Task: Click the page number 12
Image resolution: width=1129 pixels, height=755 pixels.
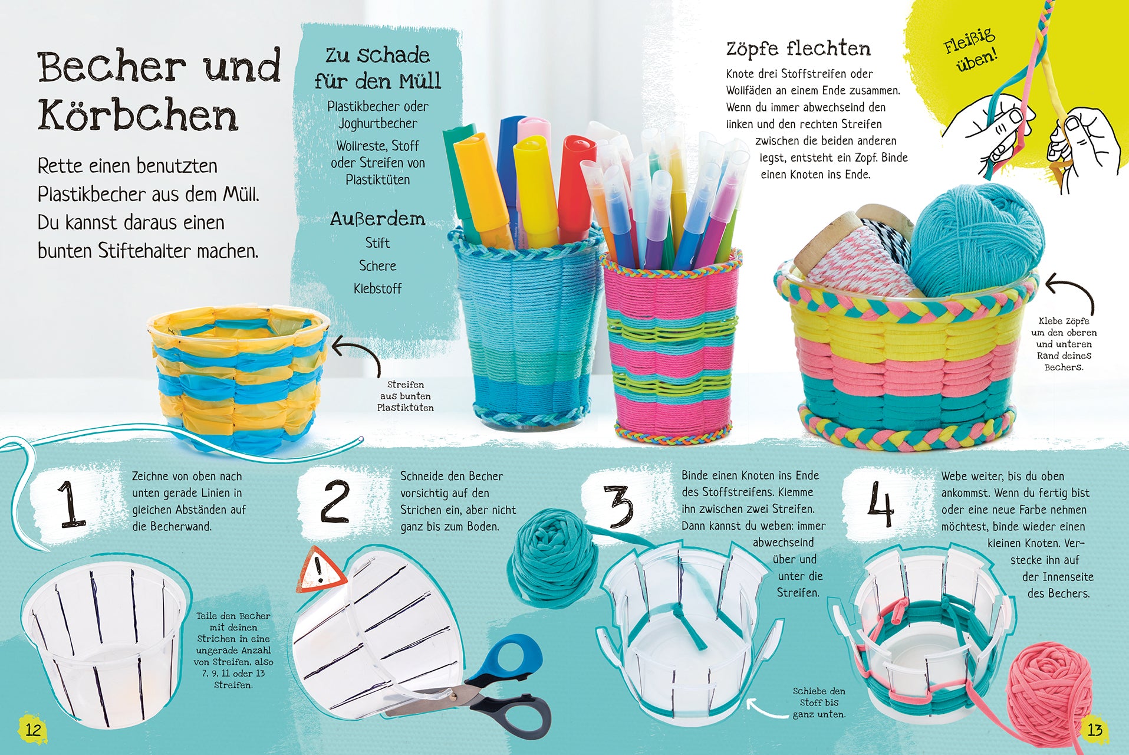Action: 33,730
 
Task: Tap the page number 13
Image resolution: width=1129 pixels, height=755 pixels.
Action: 1095,730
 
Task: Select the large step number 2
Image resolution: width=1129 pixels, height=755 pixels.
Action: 335,501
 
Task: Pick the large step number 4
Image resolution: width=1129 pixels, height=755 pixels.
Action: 881,504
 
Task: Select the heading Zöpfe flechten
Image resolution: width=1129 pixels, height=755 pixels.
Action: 798,48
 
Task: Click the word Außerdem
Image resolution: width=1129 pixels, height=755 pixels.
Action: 377,219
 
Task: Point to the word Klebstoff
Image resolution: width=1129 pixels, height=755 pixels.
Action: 377,288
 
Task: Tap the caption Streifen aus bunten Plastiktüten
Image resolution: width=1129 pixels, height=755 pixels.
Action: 406,396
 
